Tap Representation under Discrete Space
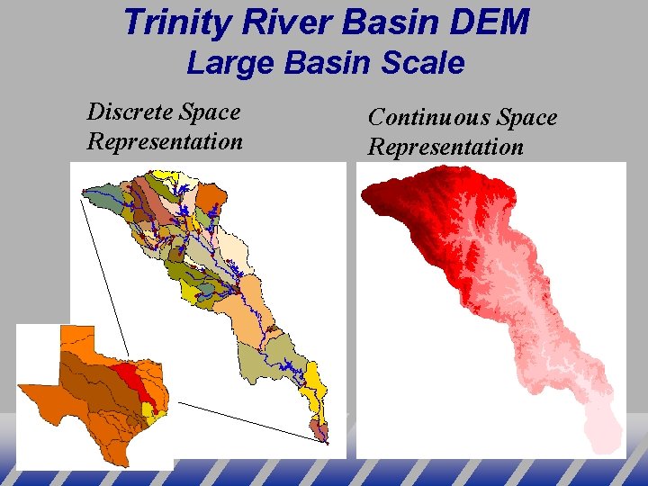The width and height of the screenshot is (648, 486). (165, 142)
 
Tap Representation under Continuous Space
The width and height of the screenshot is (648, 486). (445, 148)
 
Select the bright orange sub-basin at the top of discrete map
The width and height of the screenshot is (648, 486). (211, 195)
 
